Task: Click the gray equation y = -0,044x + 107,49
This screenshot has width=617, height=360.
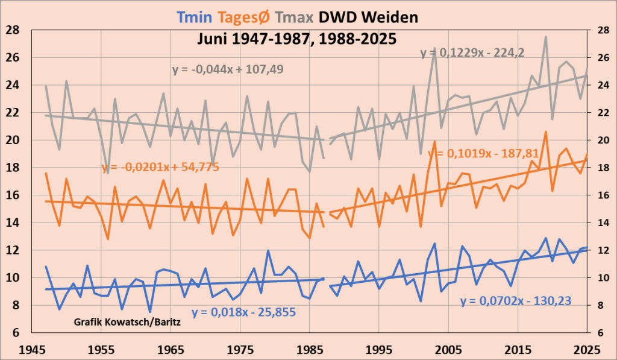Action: point(228,70)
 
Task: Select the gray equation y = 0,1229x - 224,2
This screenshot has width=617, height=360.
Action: point(472,53)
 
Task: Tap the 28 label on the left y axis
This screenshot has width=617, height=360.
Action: point(12,31)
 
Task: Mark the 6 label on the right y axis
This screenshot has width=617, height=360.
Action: point(603,333)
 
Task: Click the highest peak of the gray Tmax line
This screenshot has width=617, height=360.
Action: point(546,37)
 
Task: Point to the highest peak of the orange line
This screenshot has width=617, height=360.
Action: point(546,131)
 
